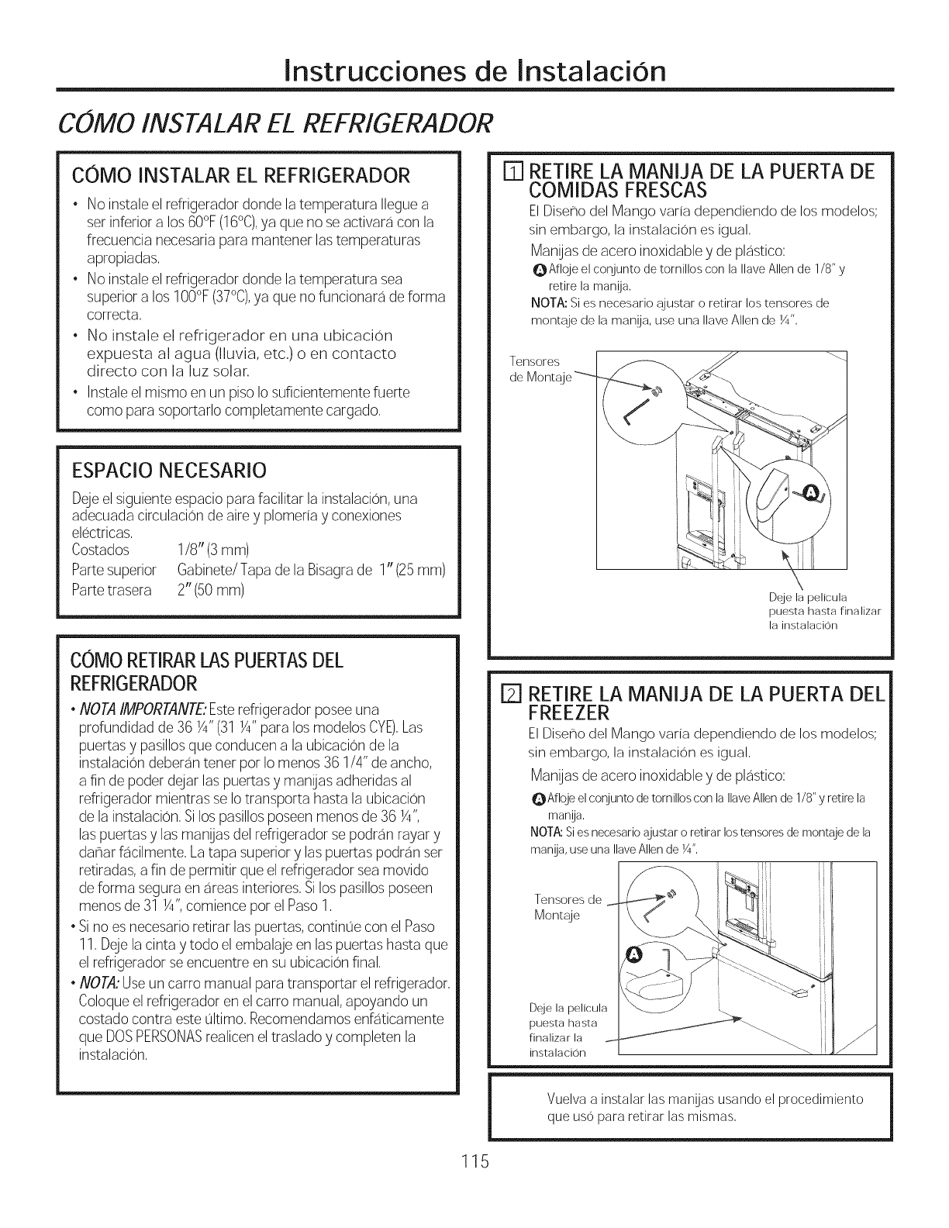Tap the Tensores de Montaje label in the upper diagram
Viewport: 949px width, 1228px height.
tap(540, 369)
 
